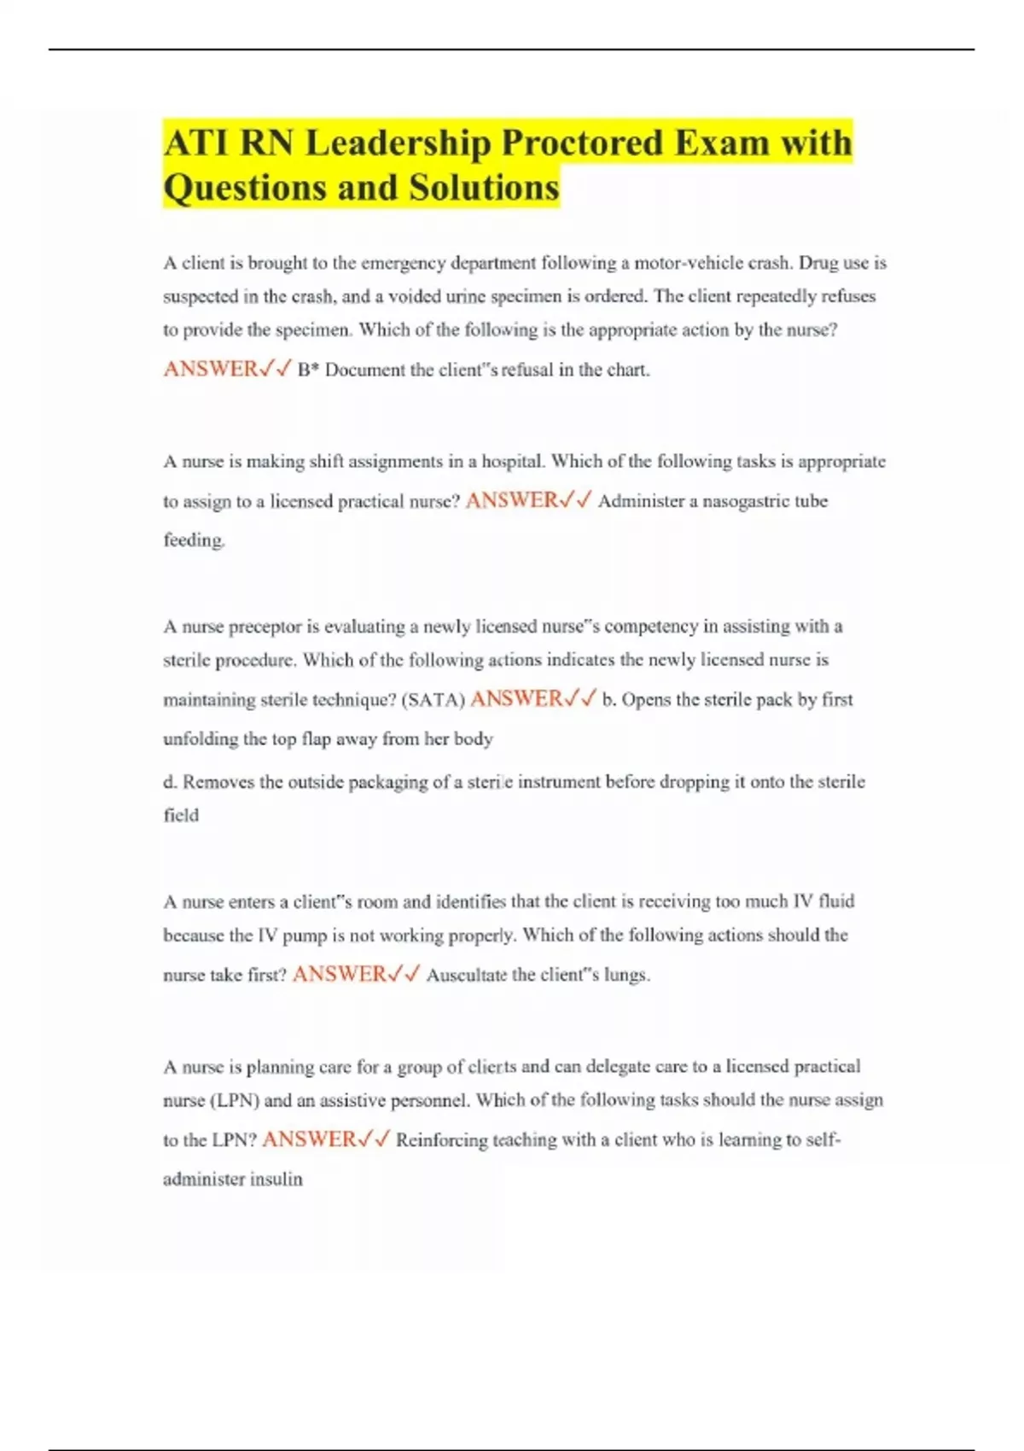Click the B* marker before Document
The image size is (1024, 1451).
[308, 370]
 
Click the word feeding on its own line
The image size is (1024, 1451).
[194, 540]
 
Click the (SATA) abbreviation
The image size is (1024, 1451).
[433, 700]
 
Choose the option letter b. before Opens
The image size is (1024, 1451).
[609, 700]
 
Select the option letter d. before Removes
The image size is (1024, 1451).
[171, 782]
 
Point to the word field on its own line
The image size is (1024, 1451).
[181, 815]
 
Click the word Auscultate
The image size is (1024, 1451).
[467, 975]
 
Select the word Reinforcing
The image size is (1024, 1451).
[441, 1140]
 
